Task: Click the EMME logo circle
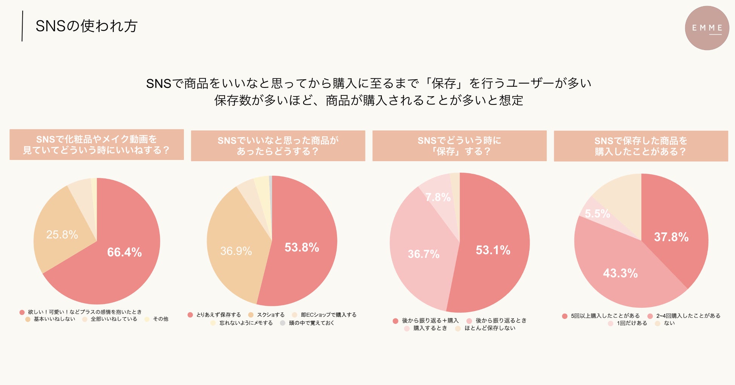coord(707,28)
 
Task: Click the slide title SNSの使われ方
coord(86,26)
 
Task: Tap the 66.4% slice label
coord(124,252)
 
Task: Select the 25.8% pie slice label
coord(62,235)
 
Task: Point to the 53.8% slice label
coord(302,247)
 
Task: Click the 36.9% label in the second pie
coord(236,251)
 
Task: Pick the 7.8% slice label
coord(438,197)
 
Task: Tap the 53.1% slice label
coord(493,250)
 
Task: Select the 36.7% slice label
coord(424,254)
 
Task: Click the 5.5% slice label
coord(597,214)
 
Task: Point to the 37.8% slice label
coord(671,237)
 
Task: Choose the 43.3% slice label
coord(620,273)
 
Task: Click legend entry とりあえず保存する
coord(218,315)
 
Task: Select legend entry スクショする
coord(270,315)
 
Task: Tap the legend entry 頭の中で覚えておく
coord(311,323)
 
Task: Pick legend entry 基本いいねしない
coord(54,319)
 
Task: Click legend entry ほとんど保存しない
coord(490,328)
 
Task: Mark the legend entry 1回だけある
coord(632,323)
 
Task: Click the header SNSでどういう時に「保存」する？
coord(459,146)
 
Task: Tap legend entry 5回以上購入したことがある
coord(605,316)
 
